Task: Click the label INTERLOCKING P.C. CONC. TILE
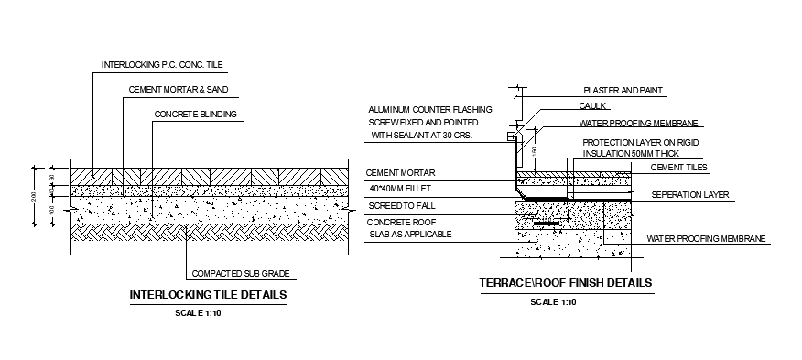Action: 162,64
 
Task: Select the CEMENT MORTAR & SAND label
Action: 176,90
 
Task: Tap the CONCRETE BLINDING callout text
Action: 195,115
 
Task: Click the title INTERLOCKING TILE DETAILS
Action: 210,295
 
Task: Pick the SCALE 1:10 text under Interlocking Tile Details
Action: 199,313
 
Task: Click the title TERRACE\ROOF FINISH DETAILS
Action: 566,283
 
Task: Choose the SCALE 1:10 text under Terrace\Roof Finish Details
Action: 553,301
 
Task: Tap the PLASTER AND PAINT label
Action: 623,91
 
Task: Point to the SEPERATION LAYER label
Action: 689,196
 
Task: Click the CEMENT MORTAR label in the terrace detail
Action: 399,171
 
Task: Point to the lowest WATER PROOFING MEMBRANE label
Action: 706,238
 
